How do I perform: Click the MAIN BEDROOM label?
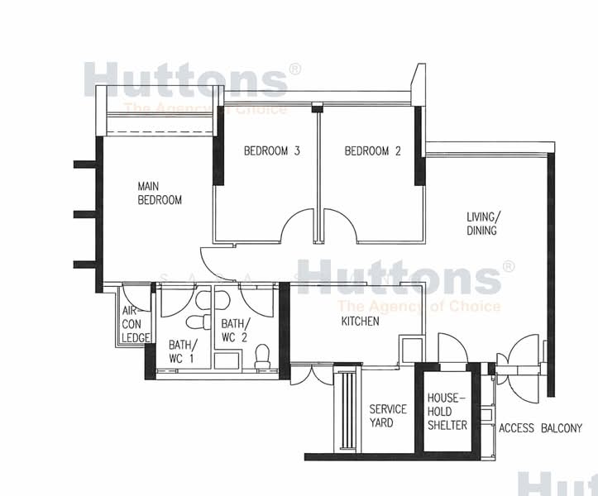(160, 193)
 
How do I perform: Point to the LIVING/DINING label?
(482, 224)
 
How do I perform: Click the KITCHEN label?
(360, 321)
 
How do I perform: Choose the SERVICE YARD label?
(387, 416)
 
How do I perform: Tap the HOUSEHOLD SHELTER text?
(447, 411)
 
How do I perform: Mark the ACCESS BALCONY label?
(541, 428)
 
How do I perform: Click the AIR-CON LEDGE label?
(134, 324)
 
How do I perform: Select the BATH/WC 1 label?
(181, 351)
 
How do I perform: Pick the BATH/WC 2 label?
(234, 331)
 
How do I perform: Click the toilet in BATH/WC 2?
(263, 357)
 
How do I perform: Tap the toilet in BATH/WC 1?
(196, 322)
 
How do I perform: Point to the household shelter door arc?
(452, 347)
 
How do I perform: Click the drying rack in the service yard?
(347, 412)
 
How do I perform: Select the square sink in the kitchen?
(409, 348)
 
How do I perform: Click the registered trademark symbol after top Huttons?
(294, 70)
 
